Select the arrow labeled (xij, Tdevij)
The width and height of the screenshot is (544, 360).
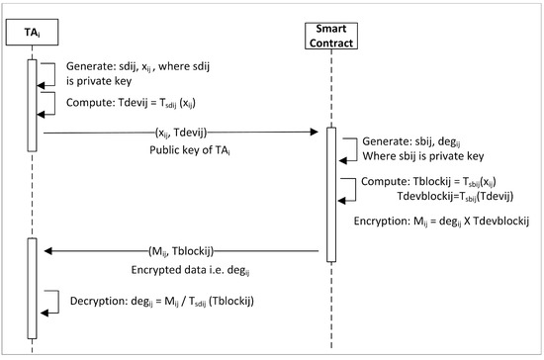pyautogui.click(x=178, y=130)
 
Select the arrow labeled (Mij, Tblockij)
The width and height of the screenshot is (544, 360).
pyautogui.click(x=178, y=253)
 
